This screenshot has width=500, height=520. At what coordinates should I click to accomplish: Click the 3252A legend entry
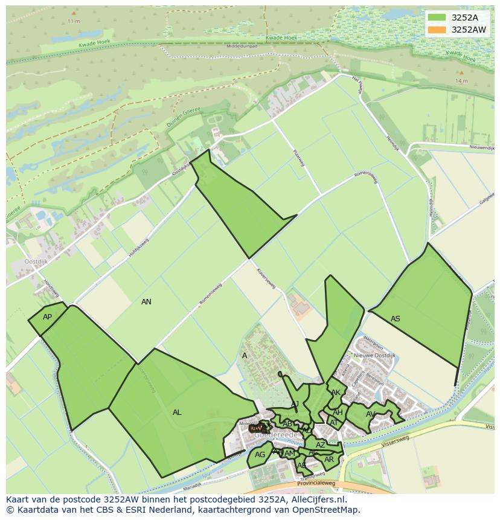pos(465,18)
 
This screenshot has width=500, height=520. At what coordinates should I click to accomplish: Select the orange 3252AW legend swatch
pos(436,30)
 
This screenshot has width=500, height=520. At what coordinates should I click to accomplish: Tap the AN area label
pos(146,301)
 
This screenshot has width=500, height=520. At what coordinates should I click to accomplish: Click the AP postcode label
pos(47,317)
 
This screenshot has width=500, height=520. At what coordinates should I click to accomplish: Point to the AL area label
pos(177,412)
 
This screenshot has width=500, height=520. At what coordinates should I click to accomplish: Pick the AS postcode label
pos(396,319)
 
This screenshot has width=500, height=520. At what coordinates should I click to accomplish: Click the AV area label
pos(371,414)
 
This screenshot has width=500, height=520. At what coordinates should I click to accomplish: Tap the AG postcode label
pos(260,455)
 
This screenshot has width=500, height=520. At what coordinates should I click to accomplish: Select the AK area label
pos(336,393)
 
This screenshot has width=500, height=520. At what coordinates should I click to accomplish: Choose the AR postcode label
pos(329,460)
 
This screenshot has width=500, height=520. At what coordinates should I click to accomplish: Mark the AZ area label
pos(321,445)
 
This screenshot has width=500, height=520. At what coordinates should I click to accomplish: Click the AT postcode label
pos(334,423)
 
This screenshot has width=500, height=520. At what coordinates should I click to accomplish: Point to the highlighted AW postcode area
pos(256,428)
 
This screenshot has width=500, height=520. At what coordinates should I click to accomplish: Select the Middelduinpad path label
pos(242,46)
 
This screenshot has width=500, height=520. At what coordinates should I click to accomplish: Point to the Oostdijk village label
pos(36,262)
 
